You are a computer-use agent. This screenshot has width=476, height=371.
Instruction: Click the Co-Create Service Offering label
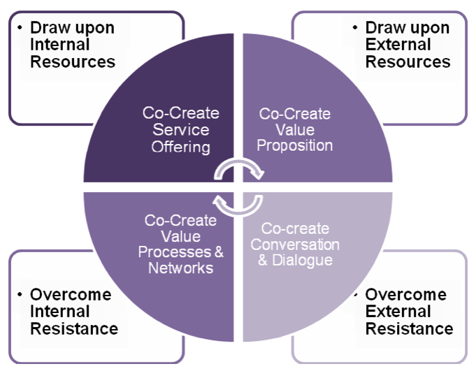point(181,130)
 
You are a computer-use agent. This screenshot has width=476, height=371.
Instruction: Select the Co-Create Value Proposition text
point(295,130)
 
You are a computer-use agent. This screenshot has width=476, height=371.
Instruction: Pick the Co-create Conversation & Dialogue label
point(295,244)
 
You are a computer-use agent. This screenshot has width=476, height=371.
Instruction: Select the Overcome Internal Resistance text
point(73,312)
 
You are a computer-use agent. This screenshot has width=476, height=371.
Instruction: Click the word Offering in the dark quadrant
point(181,147)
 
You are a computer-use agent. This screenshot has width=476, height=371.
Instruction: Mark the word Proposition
point(295,146)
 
